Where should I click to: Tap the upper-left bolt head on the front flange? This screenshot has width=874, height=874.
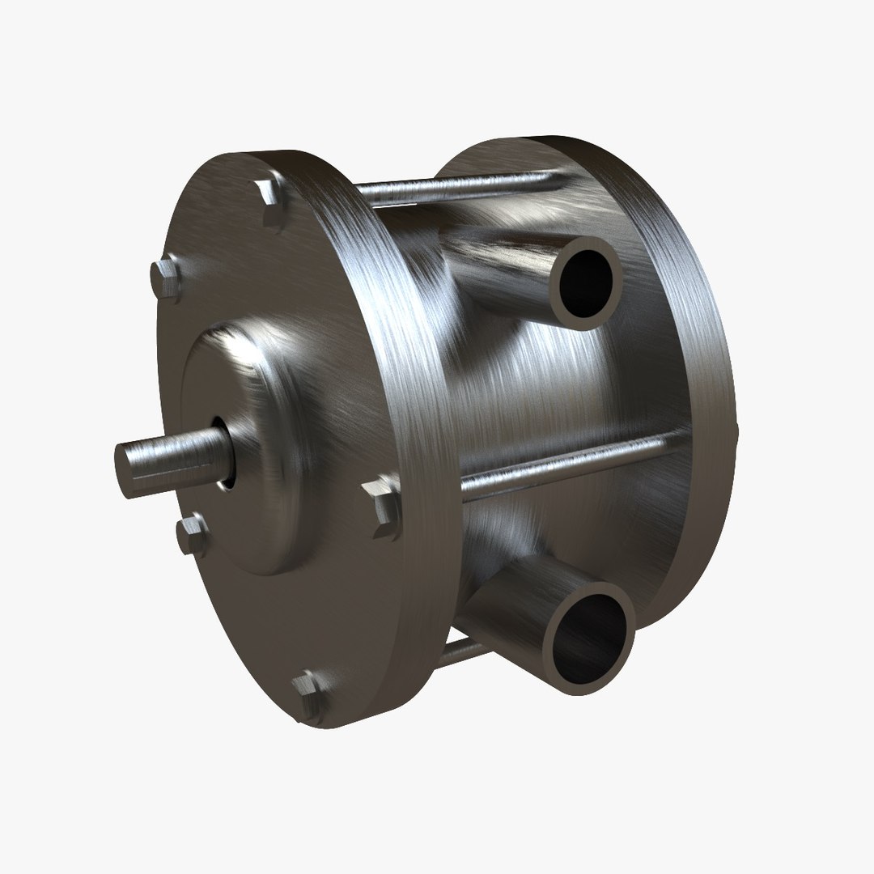click(x=166, y=278)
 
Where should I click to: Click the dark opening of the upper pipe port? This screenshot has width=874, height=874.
click(x=586, y=282)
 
